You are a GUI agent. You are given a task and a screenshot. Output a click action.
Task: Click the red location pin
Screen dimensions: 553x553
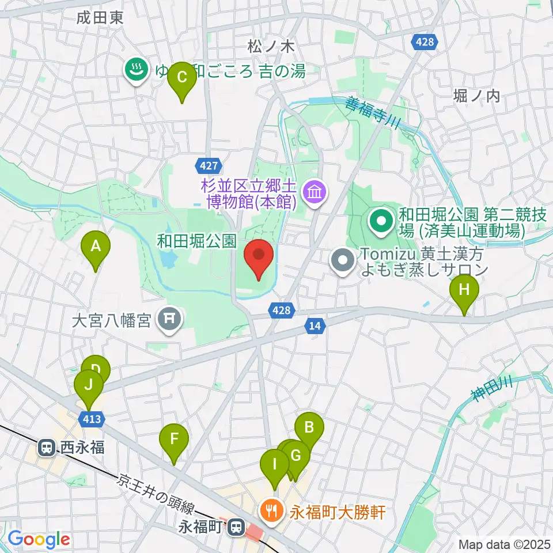(x=259, y=257)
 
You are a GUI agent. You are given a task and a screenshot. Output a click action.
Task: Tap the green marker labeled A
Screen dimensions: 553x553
(x=96, y=248)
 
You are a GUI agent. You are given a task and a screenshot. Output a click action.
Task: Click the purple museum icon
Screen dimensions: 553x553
(x=315, y=191)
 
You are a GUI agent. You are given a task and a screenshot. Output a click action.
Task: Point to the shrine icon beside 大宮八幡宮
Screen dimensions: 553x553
(x=169, y=319)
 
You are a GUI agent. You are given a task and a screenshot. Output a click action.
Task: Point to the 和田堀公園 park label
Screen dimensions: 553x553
(x=196, y=241)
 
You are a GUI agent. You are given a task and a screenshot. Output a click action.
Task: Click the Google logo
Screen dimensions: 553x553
(x=39, y=539)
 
